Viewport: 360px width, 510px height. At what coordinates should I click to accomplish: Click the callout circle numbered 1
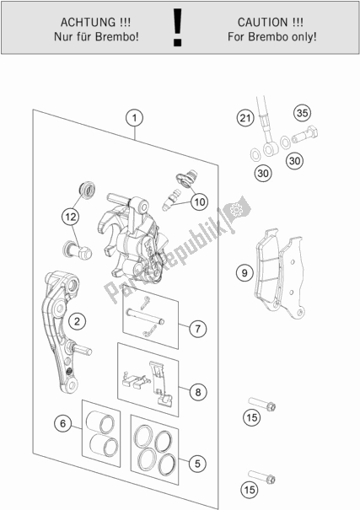pyautogui.click(x=134, y=118)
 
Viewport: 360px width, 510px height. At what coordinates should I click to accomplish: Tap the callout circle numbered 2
pyautogui.click(x=77, y=321)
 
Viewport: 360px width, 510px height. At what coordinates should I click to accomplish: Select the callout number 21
pyautogui.click(x=244, y=118)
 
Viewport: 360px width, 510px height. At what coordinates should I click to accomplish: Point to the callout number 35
pyautogui.click(x=302, y=113)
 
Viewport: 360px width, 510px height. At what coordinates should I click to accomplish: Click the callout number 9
pyautogui.click(x=244, y=272)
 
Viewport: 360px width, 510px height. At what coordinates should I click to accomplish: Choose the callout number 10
pyautogui.click(x=199, y=202)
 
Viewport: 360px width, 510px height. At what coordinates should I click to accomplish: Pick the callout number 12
pyautogui.click(x=71, y=217)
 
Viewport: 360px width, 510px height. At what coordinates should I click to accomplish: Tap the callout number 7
pyautogui.click(x=198, y=329)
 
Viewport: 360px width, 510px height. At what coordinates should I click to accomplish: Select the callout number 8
pyautogui.click(x=198, y=392)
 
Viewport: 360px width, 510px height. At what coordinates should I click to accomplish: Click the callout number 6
pyautogui.click(x=62, y=423)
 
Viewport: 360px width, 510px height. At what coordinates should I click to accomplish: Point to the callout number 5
pyautogui.click(x=197, y=463)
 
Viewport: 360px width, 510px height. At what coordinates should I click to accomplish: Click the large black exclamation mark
pyautogui.click(x=177, y=27)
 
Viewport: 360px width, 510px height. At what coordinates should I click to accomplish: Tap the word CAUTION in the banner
pyautogui.click(x=263, y=23)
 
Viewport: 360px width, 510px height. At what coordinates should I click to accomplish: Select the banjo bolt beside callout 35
pyautogui.click(x=304, y=135)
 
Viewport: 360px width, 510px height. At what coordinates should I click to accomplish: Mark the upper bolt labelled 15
pyautogui.click(x=262, y=404)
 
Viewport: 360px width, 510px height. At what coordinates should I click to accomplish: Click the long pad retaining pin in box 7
pyautogui.click(x=145, y=316)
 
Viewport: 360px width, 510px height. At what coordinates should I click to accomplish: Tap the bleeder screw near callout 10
pyautogui.click(x=171, y=200)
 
